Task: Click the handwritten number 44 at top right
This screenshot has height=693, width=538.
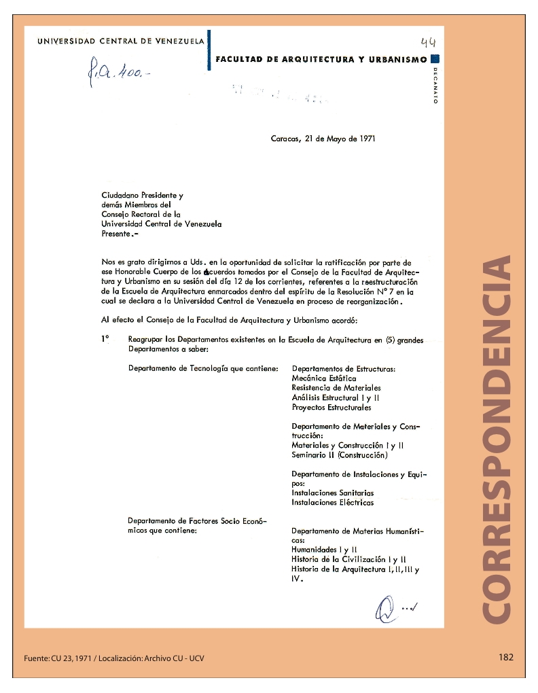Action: [x=428, y=42]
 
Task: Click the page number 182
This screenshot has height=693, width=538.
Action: [x=505, y=657]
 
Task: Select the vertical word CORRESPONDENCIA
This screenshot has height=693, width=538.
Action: [x=499, y=438]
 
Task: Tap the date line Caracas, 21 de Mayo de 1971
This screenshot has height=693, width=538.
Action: [x=323, y=139]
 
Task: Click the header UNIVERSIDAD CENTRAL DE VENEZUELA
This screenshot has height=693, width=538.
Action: [x=120, y=41]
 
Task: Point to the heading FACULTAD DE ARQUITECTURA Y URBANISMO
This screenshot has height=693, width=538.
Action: [x=321, y=60]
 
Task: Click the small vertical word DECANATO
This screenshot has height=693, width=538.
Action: [x=435, y=85]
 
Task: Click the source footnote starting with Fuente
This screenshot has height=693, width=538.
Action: [x=114, y=658]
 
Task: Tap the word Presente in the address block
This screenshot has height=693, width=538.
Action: [x=116, y=233]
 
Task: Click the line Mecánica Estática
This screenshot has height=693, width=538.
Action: [x=324, y=378]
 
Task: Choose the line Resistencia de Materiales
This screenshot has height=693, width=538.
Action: [x=336, y=388]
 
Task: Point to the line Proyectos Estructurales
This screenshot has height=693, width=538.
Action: [x=331, y=408]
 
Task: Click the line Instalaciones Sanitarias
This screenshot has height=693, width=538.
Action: [x=333, y=493]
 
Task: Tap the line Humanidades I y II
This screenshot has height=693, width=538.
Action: [x=325, y=550]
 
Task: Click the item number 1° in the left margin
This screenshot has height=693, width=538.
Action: [x=105, y=338]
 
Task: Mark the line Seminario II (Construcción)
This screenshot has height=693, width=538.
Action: [x=340, y=455]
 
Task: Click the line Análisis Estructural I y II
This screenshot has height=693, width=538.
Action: [x=336, y=398]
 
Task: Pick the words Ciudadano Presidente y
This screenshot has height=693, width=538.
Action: [x=143, y=195]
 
